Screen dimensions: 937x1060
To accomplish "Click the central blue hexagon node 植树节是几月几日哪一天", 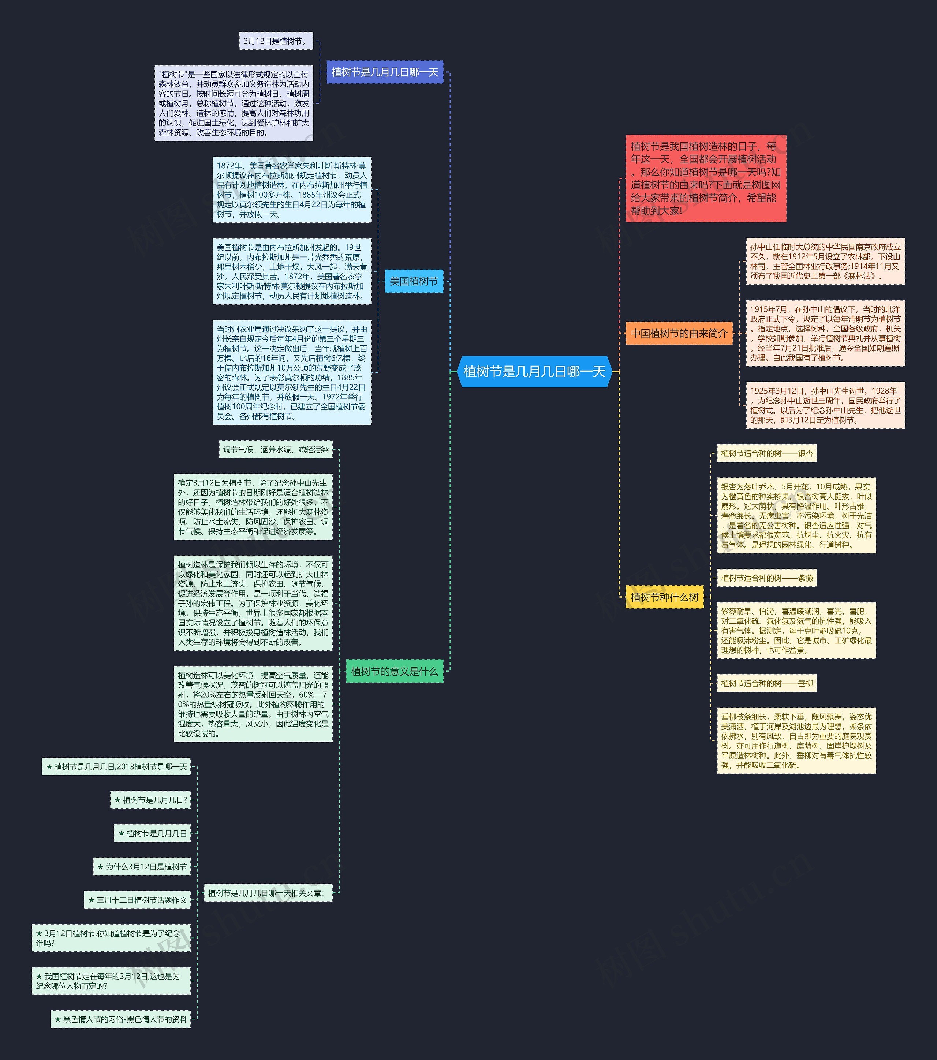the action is coord(534,371).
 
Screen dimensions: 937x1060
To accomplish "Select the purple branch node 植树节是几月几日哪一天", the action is coord(385,72).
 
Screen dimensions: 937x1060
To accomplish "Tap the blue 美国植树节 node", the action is coord(414,281).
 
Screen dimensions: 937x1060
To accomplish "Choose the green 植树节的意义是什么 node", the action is coord(394,671).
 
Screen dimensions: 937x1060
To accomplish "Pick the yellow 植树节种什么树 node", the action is coord(664,597).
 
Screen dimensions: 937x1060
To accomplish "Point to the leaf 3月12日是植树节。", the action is coord(276,41).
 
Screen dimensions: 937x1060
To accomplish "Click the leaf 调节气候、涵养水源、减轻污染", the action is coord(276,450).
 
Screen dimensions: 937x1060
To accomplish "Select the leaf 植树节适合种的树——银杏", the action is coord(767,453).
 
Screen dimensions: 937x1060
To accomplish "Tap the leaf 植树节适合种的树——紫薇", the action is coord(767,578).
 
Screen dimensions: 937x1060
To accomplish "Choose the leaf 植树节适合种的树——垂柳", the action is coord(767,684).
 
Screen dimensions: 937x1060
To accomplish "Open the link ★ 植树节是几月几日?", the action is coord(150,800).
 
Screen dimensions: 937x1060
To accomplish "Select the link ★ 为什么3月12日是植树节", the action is coord(142,867).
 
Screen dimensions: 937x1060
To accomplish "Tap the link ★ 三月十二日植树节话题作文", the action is coord(138,900).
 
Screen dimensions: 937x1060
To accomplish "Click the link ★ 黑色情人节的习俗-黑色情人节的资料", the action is coord(120,1019).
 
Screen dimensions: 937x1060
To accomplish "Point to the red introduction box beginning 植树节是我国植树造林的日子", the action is coord(706,178).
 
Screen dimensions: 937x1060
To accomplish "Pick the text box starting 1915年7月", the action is coord(825,333).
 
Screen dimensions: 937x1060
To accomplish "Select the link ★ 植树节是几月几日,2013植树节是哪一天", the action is coord(116,767).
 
